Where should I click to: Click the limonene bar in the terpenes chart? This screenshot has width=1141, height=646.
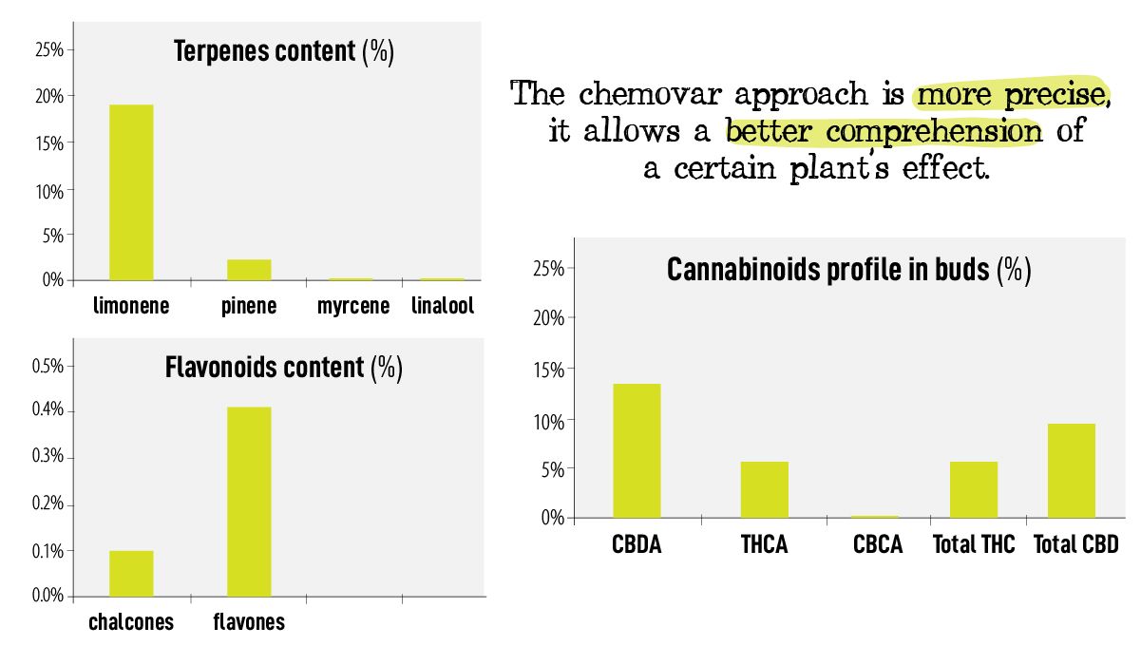[x=131, y=192]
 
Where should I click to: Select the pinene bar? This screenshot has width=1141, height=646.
[x=249, y=270]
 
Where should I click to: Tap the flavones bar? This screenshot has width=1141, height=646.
[x=249, y=502]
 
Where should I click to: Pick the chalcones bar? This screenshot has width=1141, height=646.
[x=131, y=573]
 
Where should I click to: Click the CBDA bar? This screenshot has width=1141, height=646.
[x=637, y=450]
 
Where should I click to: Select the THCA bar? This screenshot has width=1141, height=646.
[x=765, y=489]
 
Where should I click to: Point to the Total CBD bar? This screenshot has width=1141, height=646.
[x=1072, y=470]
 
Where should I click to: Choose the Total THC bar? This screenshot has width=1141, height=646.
[x=974, y=489]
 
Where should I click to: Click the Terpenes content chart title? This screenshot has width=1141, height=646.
[x=283, y=51]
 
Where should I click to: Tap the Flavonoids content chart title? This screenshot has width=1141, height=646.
[x=283, y=367]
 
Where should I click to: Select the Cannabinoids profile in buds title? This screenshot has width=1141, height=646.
[x=848, y=270]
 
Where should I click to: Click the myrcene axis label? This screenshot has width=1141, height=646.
[x=353, y=306]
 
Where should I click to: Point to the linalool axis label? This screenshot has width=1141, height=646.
[x=443, y=306]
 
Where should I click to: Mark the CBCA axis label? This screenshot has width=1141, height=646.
[x=877, y=544]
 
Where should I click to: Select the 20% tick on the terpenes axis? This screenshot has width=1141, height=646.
[x=48, y=97]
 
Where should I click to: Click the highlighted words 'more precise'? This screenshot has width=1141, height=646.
[x=1010, y=95]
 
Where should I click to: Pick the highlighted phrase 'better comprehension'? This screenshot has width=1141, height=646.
[x=883, y=131]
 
